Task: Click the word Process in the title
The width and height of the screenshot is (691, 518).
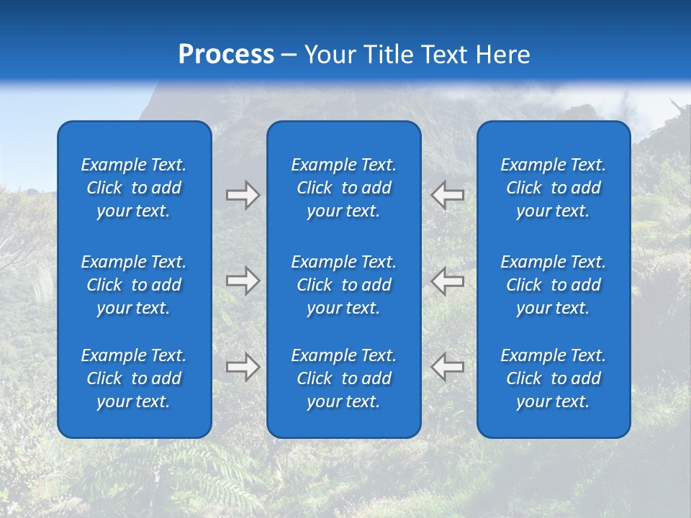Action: point(226,55)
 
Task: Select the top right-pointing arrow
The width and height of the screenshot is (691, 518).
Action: point(243,195)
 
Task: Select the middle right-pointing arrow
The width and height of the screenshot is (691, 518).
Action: point(243,281)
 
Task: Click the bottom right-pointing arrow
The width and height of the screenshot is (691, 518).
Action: point(243,367)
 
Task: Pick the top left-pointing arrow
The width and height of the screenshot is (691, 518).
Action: point(448,195)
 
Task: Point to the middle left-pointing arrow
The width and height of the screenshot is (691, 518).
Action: point(448,281)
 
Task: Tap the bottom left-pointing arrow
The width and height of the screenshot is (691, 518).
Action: point(448,367)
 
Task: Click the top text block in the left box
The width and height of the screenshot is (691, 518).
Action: point(134,188)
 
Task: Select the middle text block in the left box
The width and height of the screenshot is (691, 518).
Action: point(134,285)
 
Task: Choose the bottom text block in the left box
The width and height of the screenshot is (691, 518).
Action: point(134,378)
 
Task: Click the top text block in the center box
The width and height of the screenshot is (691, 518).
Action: point(344,188)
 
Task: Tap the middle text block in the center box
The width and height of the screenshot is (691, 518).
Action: point(344,285)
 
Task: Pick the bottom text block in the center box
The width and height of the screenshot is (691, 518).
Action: point(344,378)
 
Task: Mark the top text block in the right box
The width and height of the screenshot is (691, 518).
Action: point(554,188)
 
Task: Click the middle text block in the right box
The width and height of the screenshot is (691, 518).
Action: point(554,285)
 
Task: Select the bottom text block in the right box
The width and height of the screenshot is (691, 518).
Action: point(554,378)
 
